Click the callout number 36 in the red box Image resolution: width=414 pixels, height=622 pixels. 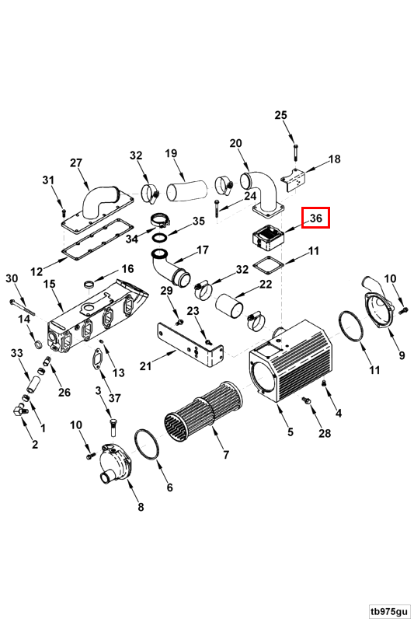point(316,218)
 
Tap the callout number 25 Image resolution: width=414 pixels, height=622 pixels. point(280,115)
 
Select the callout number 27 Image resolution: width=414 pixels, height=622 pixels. point(76,162)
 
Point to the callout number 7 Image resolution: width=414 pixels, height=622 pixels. point(226,455)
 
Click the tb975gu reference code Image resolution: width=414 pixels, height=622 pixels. point(388,610)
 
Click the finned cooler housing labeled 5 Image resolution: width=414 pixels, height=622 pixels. point(290,362)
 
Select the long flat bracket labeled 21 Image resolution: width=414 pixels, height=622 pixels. point(190,345)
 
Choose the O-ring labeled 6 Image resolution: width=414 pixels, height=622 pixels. point(147,445)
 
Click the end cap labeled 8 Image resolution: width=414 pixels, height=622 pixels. point(115,465)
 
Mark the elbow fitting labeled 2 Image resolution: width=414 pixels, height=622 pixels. point(19,410)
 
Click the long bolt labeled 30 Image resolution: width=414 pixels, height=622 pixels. point(23,308)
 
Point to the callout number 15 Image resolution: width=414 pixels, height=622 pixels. point(50,285)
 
